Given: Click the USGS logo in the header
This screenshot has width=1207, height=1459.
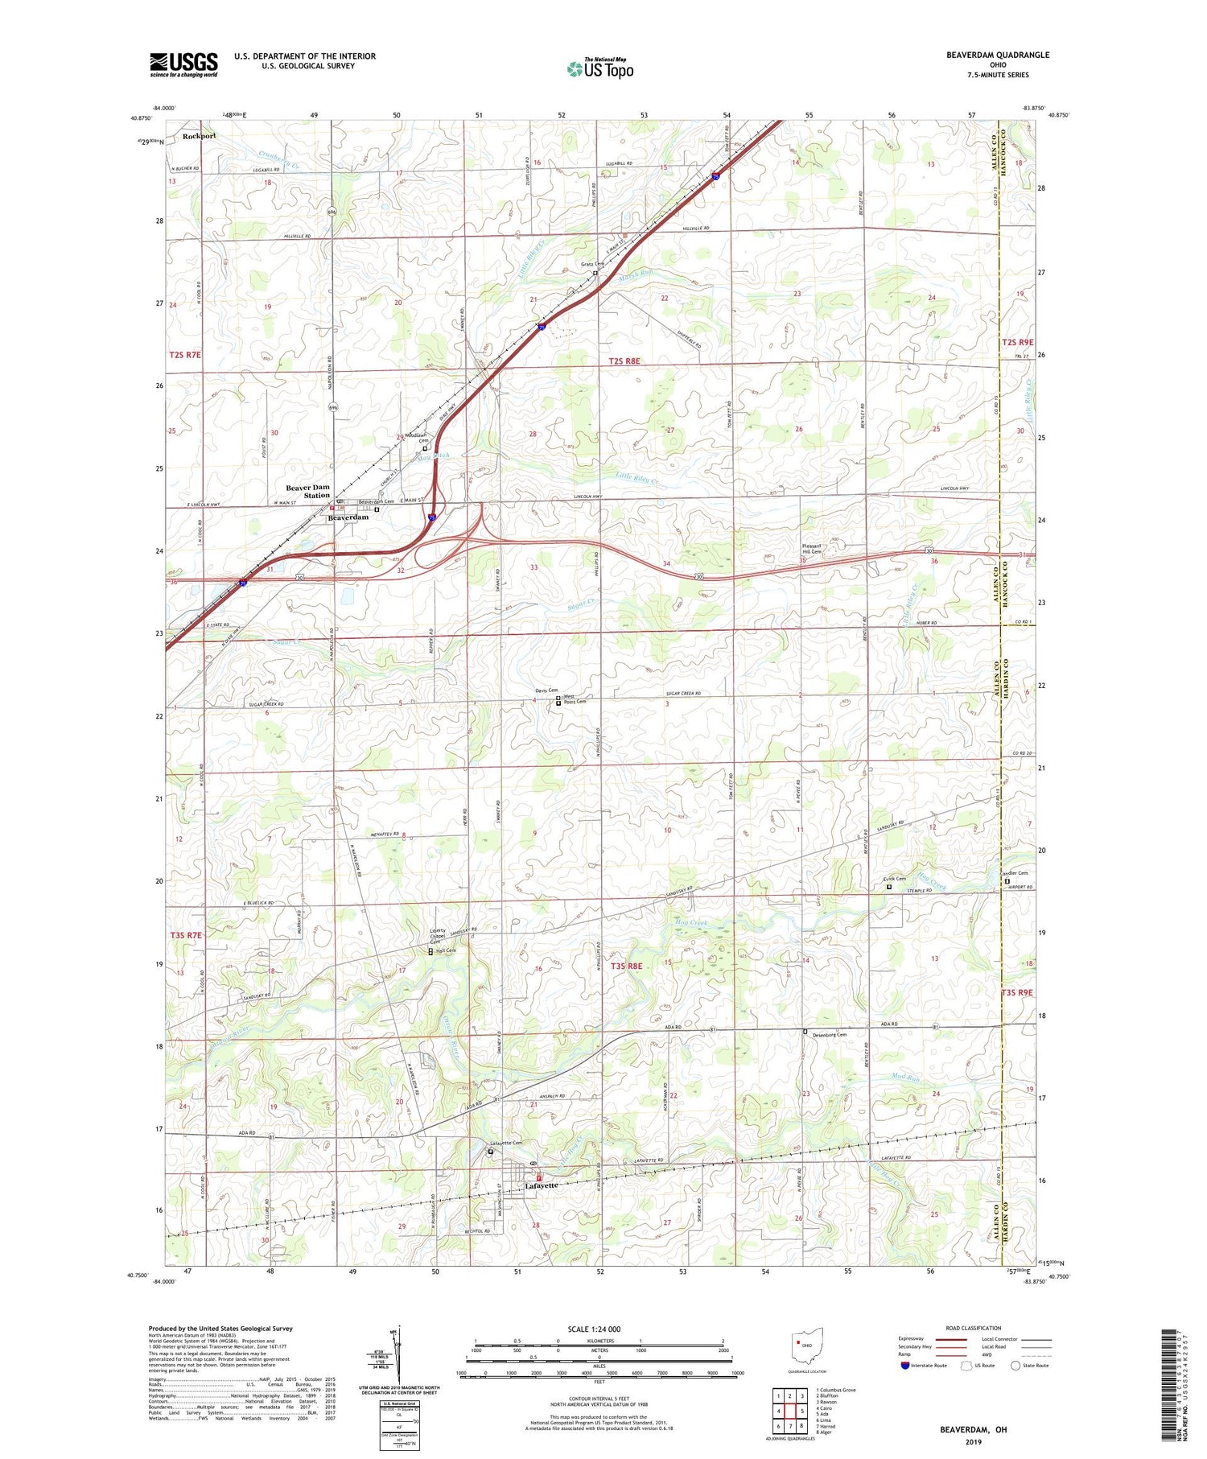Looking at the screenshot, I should pos(183,64).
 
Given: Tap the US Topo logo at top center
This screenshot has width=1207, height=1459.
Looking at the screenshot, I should pos(599,69).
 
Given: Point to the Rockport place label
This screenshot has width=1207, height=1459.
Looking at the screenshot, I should pos(199,136).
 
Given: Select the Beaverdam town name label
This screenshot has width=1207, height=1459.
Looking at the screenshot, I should pos(348,517).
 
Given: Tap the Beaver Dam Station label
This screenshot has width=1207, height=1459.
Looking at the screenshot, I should pos(308,491).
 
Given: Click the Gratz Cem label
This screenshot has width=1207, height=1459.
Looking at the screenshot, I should pos(592,264).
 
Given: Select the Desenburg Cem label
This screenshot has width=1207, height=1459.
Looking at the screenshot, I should pos(829,1035).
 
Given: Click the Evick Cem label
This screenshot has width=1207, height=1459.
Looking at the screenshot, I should pos(895,879).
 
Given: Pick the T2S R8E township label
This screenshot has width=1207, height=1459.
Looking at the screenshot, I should pos(624,361).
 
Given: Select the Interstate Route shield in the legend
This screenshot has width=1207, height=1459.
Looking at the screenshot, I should pos(905,1365).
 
